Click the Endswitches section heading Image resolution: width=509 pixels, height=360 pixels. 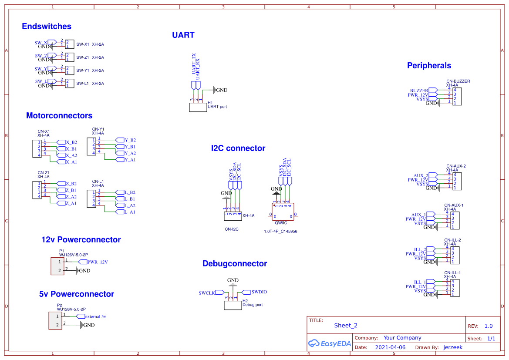(x=47, y=27)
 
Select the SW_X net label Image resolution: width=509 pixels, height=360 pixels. (x=41, y=43)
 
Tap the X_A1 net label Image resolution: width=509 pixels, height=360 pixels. (x=71, y=162)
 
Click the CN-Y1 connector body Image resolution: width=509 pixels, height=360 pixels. (x=91, y=147)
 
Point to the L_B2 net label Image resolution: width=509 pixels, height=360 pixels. (x=130, y=192)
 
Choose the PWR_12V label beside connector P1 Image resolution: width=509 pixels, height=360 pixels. (x=97, y=262)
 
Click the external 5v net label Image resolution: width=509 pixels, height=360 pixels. (x=95, y=316)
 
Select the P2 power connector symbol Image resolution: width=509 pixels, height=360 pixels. (x=55, y=320)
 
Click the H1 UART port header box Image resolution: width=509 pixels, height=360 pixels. (x=198, y=107)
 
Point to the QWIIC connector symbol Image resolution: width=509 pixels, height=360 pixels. (x=283, y=211)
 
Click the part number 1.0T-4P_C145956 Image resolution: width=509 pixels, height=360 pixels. (x=280, y=232)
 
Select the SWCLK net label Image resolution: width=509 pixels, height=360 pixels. (x=207, y=293)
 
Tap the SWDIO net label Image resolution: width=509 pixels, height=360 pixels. (x=259, y=292)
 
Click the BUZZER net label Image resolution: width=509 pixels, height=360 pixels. (x=419, y=91)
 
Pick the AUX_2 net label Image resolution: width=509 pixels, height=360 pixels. (x=421, y=175)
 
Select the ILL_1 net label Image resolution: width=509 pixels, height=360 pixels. (x=420, y=282)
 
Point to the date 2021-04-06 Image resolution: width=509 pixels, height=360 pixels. (x=390, y=347)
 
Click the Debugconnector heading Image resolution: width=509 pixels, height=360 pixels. (x=234, y=264)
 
